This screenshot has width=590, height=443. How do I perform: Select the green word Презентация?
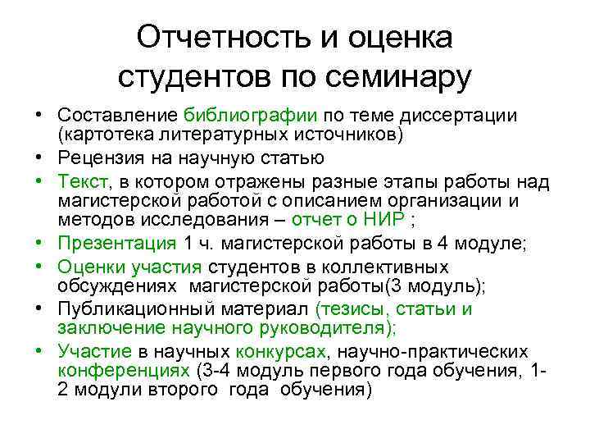click(x=117, y=243)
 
